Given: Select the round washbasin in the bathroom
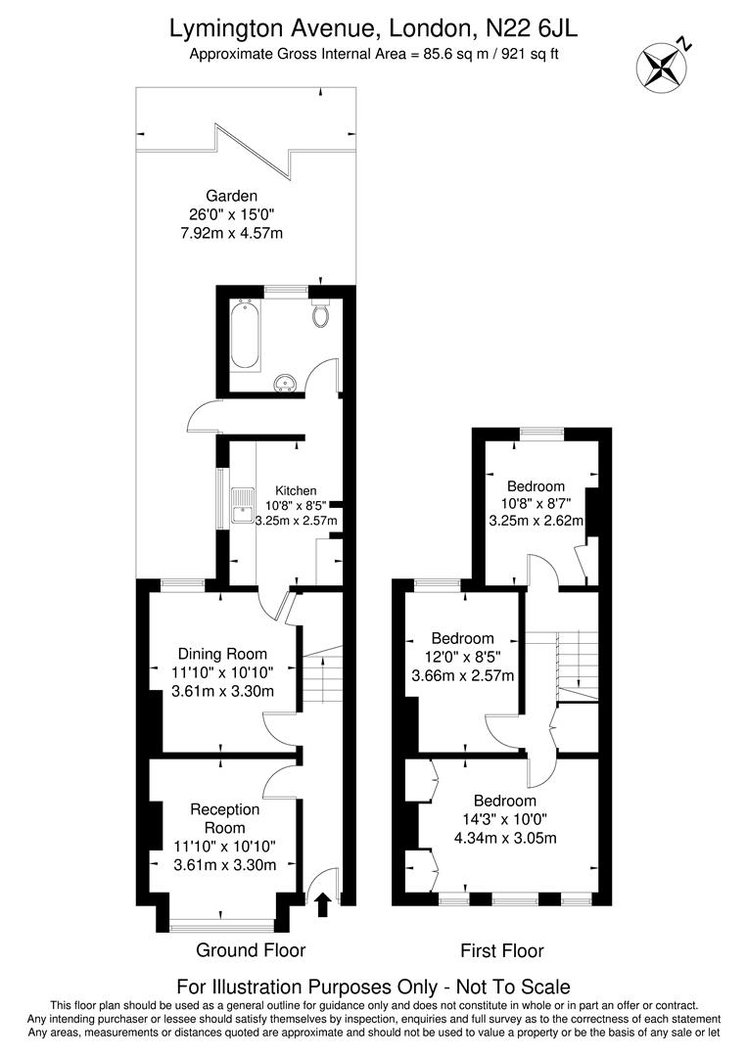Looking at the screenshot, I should (x=287, y=381).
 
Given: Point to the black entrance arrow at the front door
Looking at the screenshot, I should (x=322, y=905).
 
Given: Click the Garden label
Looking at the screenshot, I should (x=231, y=195).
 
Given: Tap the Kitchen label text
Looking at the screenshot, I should (x=296, y=490).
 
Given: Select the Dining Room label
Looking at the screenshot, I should (x=222, y=654).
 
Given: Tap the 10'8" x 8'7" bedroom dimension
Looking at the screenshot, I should (x=536, y=504).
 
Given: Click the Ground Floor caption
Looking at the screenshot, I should (x=251, y=949).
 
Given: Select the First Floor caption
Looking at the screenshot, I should (x=502, y=950).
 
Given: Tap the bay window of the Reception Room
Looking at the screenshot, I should (x=222, y=922).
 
